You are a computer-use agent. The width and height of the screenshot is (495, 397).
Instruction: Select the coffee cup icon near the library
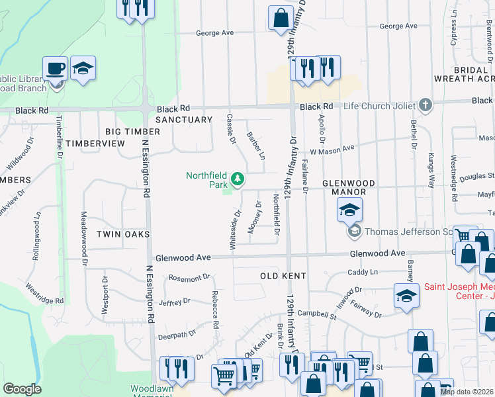click(56, 68)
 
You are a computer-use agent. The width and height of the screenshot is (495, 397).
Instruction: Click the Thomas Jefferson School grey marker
click(354, 231)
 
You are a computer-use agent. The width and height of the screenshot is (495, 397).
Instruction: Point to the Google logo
click(22, 389)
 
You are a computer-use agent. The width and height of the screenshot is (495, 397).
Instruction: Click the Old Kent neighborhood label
click(283, 275)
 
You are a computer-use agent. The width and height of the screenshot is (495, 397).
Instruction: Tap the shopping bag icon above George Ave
click(281, 17)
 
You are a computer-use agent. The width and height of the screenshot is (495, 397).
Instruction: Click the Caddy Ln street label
click(362, 272)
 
